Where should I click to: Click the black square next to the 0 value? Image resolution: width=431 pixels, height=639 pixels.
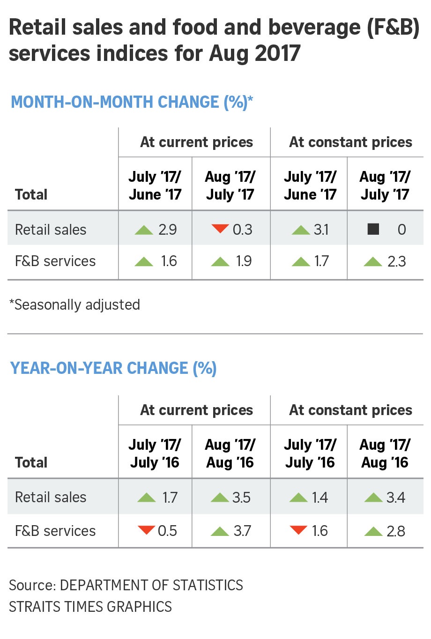point(373,229)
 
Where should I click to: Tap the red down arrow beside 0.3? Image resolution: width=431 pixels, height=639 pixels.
point(220,229)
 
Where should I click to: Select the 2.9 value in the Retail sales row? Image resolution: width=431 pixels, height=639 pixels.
point(167,230)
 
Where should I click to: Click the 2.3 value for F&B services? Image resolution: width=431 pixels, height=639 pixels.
point(397,261)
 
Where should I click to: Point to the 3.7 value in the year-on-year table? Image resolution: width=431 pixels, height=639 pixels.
point(242,531)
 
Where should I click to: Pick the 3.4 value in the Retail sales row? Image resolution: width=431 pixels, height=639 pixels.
point(396,498)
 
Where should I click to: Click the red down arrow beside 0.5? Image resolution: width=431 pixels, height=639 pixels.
point(147,530)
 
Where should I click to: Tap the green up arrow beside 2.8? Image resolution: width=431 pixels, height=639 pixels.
point(373,531)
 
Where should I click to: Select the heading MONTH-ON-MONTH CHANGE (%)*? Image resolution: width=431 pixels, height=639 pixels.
point(132,102)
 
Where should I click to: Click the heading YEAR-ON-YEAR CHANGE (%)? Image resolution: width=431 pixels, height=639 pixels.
point(113,368)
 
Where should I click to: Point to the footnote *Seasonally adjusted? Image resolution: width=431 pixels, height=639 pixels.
point(74,305)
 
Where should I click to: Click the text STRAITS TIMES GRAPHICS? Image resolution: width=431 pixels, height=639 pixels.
point(90,607)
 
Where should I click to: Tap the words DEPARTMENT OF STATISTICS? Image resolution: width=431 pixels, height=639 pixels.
point(151,586)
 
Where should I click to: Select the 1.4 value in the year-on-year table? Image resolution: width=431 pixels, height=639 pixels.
point(320,498)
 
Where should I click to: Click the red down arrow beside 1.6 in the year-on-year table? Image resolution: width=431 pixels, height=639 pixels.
point(298,530)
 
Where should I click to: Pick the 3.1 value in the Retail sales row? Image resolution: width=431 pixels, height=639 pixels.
point(321,230)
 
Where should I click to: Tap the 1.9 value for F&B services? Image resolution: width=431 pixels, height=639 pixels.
point(244,261)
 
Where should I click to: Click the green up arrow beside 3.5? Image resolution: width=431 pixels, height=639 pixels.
point(220,498)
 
